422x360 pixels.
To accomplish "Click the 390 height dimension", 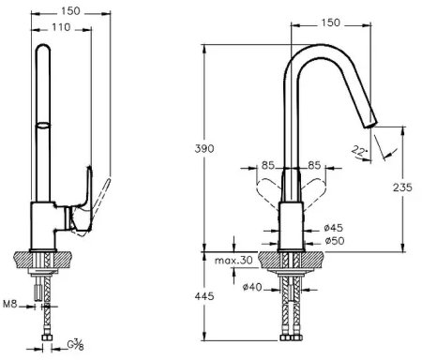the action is click(x=204, y=149).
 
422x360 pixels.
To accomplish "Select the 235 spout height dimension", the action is click(x=402, y=187).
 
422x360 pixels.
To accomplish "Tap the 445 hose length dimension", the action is click(x=204, y=295).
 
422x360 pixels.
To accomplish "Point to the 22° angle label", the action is click(x=358, y=151).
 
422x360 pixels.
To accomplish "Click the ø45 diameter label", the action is click(x=334, y=228).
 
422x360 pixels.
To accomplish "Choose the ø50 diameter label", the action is click(x=335, y=241).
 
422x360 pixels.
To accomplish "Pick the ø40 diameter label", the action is click(x=252, y=287).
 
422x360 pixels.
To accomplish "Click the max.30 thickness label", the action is click(x=234, y=260).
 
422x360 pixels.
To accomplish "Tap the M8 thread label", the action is click(x=9, y=304).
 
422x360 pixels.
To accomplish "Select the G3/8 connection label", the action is click(x=75, y=345).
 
